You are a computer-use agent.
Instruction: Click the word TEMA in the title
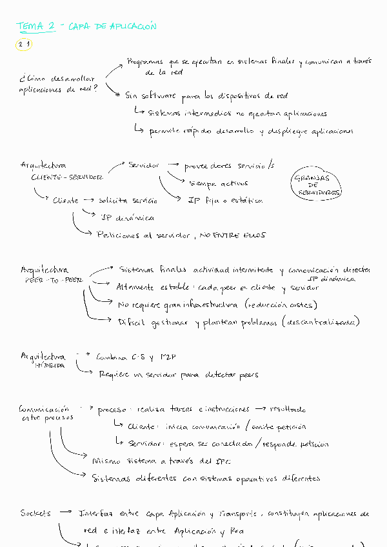(28, 26)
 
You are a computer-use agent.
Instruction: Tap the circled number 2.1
(25, 45)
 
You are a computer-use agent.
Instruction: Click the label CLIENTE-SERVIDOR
(66, 177)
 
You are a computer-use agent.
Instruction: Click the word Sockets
(35, 513)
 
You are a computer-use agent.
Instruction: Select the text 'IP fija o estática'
(225, 201)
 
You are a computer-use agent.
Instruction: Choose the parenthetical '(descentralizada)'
(320, 321)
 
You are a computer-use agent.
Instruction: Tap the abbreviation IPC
(205, 461)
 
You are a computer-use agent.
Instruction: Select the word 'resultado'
(289, 409)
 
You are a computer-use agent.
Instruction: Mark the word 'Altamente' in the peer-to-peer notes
(135, 287)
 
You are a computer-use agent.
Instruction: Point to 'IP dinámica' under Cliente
(128, 218)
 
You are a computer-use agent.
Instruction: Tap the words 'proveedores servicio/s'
(229, 166)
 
